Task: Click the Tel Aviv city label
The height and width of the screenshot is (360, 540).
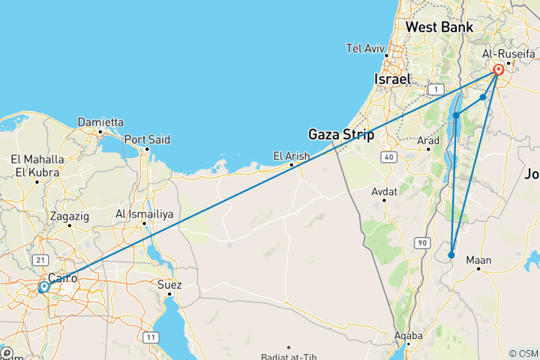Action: (365, 49)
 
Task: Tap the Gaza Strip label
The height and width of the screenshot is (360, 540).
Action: (341, 134)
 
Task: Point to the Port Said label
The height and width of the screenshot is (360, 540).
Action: (147, 139)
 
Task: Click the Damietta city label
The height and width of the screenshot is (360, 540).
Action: (100, 121)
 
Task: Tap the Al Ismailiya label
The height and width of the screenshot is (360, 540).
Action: (144, 214)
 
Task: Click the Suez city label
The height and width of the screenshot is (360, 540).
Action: (169, 284)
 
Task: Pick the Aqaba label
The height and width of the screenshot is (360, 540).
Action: (408, 335)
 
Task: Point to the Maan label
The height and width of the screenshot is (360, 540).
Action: (478, 261)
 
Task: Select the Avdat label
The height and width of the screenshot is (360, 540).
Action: (384, 192)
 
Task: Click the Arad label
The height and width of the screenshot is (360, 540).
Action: (428, 139)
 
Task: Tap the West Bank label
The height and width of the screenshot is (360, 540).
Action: (439, 27)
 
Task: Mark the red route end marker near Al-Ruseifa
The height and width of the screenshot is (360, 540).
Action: (499, 70)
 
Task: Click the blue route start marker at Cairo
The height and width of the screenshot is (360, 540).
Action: (43, 286)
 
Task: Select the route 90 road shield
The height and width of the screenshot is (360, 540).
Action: (421, 243)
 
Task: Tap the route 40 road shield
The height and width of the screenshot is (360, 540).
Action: (387, 156)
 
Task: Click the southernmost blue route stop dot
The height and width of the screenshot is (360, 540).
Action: (451, 256)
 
